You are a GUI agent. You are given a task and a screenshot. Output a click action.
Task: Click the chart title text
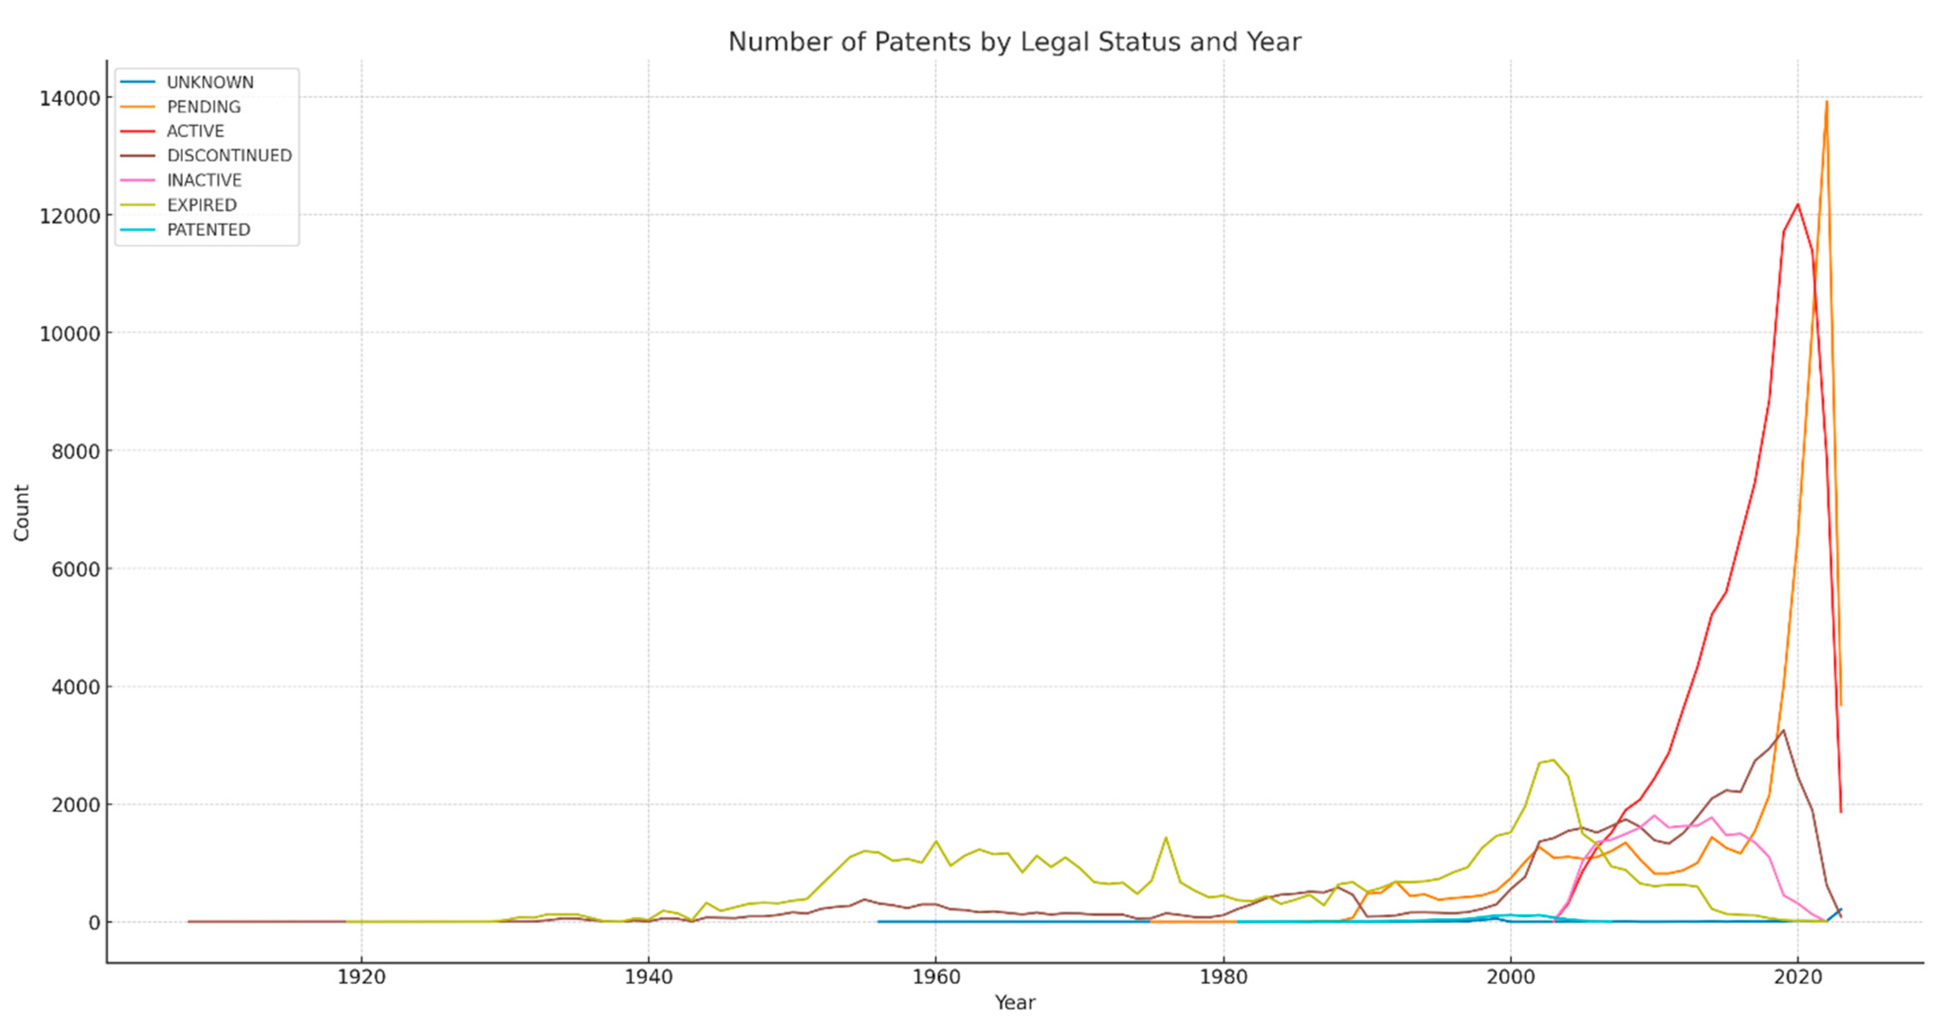(1014, 42)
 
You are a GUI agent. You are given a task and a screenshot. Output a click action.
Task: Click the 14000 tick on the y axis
(70, 98)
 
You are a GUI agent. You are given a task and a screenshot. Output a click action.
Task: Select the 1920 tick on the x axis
(362, 977)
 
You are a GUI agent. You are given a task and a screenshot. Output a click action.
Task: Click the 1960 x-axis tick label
(935, 977)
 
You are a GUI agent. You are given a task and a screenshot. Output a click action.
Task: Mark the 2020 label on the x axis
(1797, 977)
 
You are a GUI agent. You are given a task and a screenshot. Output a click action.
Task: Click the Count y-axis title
(21, 513)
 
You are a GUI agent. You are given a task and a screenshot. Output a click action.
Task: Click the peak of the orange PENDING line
(1827, 102)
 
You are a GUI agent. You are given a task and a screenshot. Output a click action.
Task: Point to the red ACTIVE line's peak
(1797, 204)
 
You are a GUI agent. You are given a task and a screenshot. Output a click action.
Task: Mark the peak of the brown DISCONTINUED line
(1783, 730)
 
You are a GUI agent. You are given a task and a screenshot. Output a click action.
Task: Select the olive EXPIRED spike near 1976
(1165, 838)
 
